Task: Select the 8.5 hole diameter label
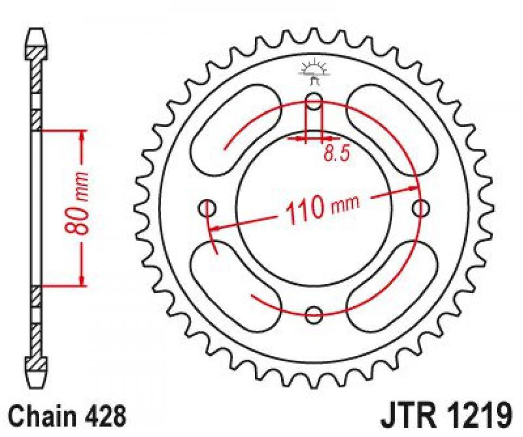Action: pos(336,154)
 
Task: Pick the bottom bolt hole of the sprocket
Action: pos(314,313)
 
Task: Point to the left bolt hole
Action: pos(208,208)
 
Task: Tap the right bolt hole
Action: pos(420,208)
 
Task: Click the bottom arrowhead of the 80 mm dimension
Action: pos(82,280)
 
